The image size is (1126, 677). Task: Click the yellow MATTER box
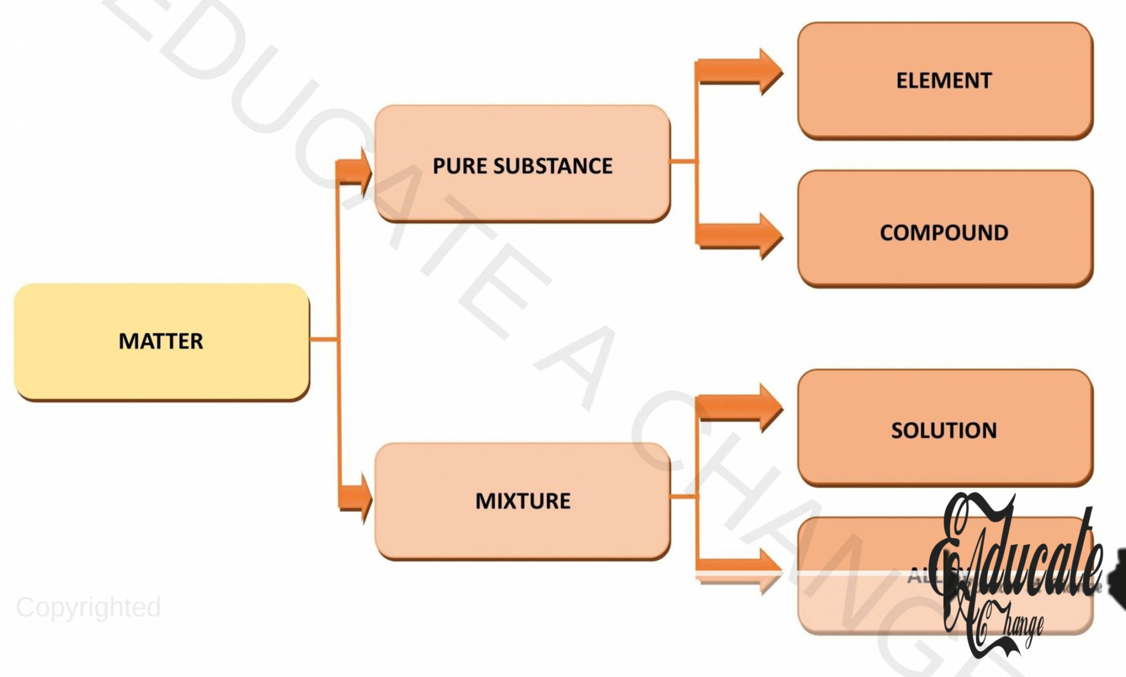(161, 341)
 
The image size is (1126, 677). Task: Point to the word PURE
(460, 166)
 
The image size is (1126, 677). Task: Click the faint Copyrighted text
(88, 607)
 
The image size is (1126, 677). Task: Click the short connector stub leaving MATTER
(323, 339)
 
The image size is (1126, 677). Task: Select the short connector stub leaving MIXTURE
(683, 496)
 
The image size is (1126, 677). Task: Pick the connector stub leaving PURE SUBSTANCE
(683, 161)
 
